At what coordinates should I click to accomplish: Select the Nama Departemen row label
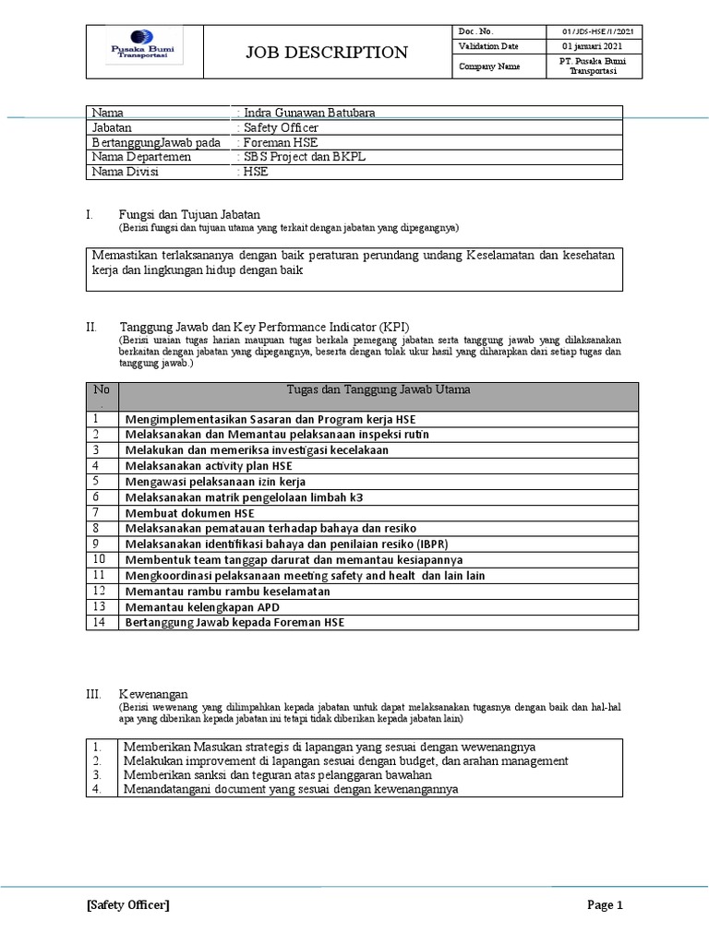point(141,157)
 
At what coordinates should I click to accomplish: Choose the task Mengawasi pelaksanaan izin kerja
point(215,481)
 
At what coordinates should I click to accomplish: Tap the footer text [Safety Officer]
point(128,905)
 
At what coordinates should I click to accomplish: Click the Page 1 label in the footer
point(607,905)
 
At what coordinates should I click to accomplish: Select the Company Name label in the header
point(489,66)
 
